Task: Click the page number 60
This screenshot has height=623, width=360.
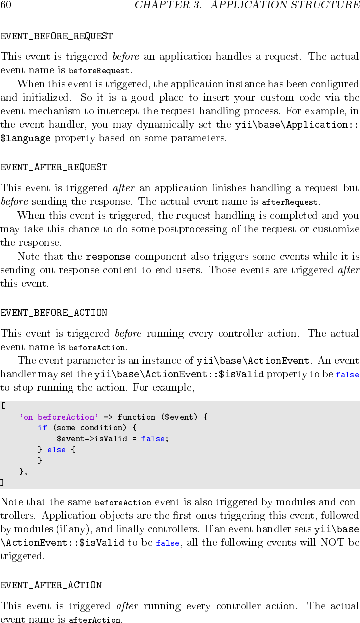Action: [6, 5]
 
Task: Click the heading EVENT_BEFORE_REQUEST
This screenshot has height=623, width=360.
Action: [56, 37]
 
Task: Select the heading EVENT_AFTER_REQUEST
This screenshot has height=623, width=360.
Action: [54, 167]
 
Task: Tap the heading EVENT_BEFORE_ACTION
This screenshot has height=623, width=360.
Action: [54, 313]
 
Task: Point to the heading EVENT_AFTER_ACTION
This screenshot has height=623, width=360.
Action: [51, 585]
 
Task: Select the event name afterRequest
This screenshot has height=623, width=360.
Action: [290, 203]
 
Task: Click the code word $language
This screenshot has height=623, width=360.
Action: [25, 138]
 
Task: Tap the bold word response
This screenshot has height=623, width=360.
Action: [108, 257]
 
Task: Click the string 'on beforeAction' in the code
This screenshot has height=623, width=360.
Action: [59, 417]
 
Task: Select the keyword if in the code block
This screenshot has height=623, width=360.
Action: [42, 428]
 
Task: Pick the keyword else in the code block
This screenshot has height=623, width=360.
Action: [56, 450]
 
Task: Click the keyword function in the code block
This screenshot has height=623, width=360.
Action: [136, 417]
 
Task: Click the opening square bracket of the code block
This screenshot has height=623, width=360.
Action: [3, 406]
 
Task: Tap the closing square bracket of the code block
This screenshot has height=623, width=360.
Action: [2, 482]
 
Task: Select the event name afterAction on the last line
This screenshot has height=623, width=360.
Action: [94, 620]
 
